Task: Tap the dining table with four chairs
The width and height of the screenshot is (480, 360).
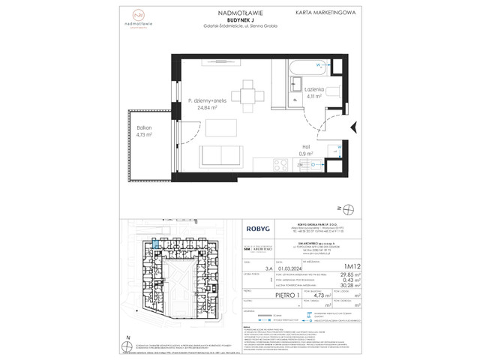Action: pyautogui.click(x=247, y=94)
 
